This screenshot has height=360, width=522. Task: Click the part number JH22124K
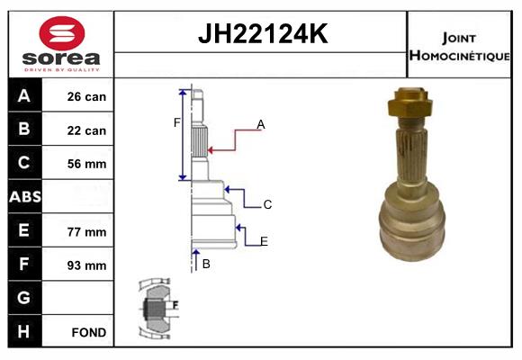[x=262, y=35]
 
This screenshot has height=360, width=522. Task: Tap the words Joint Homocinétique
[x=459, y=46]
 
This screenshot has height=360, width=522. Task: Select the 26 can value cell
[x=87, y=96]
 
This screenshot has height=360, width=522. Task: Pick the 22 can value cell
[x=87, y=130]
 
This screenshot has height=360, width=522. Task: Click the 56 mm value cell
[x=87, y=164]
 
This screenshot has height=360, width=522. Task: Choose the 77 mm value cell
[x=87, y=231]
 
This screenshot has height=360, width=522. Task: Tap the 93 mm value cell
[x=87, y=265]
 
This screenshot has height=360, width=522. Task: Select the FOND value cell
[x=87, y=332]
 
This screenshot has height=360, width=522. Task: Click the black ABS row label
[x=24, y=197]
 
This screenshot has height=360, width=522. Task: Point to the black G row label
[x=24, y=298]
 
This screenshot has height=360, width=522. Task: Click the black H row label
[x=24, y=331]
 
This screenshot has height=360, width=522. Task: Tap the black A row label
[x=24, y=95]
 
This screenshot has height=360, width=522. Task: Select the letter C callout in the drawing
[x=267, y=205]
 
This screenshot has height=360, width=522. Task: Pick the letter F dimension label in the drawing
[x=177, y=122]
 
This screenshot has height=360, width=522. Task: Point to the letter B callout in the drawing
[x=206, y=264]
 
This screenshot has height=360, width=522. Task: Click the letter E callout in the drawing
[x=264, y=240]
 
